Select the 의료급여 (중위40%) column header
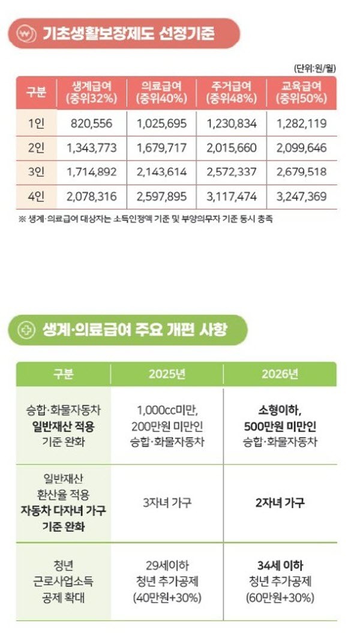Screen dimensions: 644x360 pyautogui.click(x=162, y=92)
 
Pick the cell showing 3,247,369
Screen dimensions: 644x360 pyautogui.click(x=302, y=196)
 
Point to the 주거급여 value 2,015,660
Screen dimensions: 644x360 pyautogui.click(x=232, y=148)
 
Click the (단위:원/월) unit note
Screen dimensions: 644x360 pyautogui.click(x=314, y=68)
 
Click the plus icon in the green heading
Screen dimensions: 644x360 pyautogui.click(x=26, y=330)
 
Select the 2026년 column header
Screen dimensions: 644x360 pyautogui.click(x=280, y=375)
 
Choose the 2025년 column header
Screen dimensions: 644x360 pyautogui.click(x=167, y=375)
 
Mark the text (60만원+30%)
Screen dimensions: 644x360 pyautogui.click(x=280, y=598)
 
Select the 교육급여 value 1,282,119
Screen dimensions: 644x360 pyautogui.click(x=302, y=124)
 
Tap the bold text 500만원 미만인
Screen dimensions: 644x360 pyautogui.click(x=280, y=426)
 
